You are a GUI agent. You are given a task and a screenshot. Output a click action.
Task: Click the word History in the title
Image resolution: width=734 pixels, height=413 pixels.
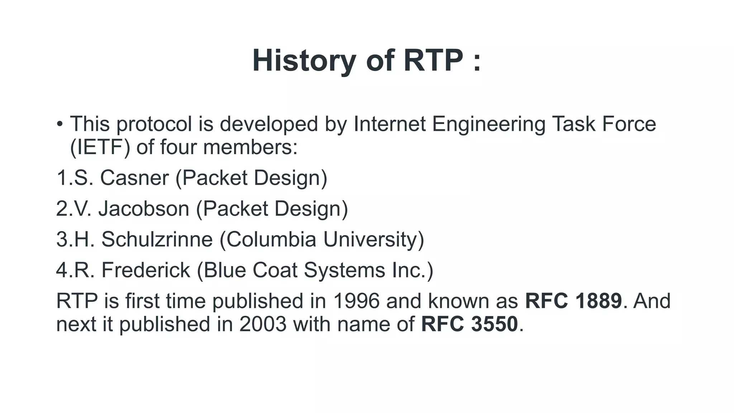[304, 61]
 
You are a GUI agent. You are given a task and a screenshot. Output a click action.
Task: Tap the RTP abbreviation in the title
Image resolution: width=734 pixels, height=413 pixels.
[433, 61]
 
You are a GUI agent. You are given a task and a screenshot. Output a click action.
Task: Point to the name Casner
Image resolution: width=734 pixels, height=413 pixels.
[134, 178]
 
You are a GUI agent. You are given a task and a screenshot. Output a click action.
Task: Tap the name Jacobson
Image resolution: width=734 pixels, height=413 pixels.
[144, 209]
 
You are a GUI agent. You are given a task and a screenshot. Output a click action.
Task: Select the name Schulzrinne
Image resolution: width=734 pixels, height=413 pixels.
[157, 239]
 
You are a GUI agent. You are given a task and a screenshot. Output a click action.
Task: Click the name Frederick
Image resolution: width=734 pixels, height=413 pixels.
[146, 270]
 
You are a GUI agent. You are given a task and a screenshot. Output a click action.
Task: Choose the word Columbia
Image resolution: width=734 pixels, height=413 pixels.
[271, 239]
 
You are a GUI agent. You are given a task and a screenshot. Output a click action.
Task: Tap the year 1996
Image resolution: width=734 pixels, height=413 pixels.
[356, 301]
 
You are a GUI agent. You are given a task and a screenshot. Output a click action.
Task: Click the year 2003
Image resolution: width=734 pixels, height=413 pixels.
[263, 324]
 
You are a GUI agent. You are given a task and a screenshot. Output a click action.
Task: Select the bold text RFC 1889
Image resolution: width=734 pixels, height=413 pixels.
[573, 301]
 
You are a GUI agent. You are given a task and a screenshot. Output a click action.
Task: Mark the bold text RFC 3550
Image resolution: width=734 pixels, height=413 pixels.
[470, 324]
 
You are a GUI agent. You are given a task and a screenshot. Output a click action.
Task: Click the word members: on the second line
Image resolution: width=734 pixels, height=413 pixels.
[250, 147]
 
